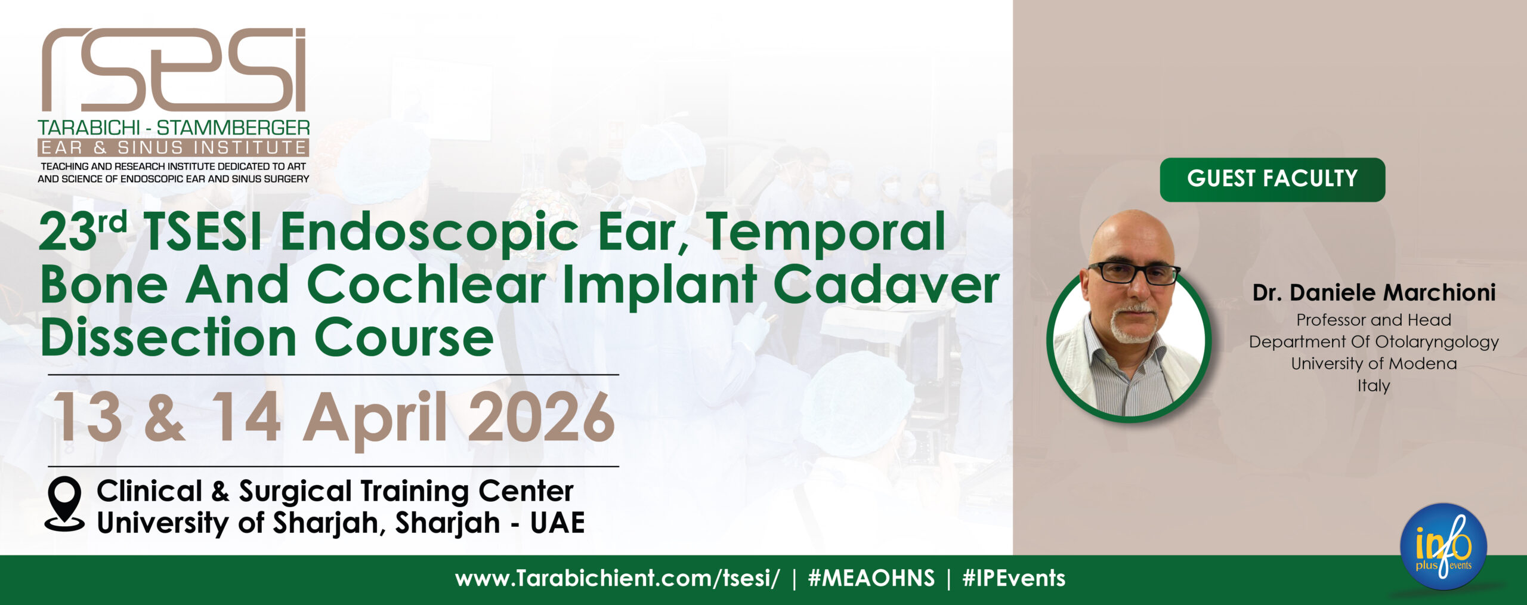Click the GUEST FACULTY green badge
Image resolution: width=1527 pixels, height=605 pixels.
[x=1272, y=180]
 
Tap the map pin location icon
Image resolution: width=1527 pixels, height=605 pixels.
[x=64, y=504]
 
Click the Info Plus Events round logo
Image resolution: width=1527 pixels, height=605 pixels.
[x=1443, y=547]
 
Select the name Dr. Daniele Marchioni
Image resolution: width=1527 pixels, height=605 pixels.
[x=1374, y=292]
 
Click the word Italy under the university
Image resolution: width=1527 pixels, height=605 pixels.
[x=1374, y=385]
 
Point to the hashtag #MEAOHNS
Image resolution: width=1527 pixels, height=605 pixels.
[x=871, y=578]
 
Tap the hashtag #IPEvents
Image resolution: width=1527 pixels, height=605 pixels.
[x=1014, y=578]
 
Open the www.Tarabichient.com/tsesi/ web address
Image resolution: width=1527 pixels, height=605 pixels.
[x=617, y=579]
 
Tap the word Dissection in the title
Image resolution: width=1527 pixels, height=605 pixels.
[x=169, y=338]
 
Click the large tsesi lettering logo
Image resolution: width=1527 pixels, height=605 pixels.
[x=174, y=70]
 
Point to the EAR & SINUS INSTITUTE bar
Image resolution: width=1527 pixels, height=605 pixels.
[x=173, y=147]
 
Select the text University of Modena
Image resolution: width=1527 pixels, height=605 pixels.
[x=1374, y=363]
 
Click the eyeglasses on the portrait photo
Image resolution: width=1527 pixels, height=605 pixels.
[x=1133, y=273]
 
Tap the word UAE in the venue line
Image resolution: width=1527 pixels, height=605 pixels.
[x=558, y=523]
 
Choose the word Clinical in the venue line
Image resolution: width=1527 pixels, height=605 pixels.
[x=150, y=491]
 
